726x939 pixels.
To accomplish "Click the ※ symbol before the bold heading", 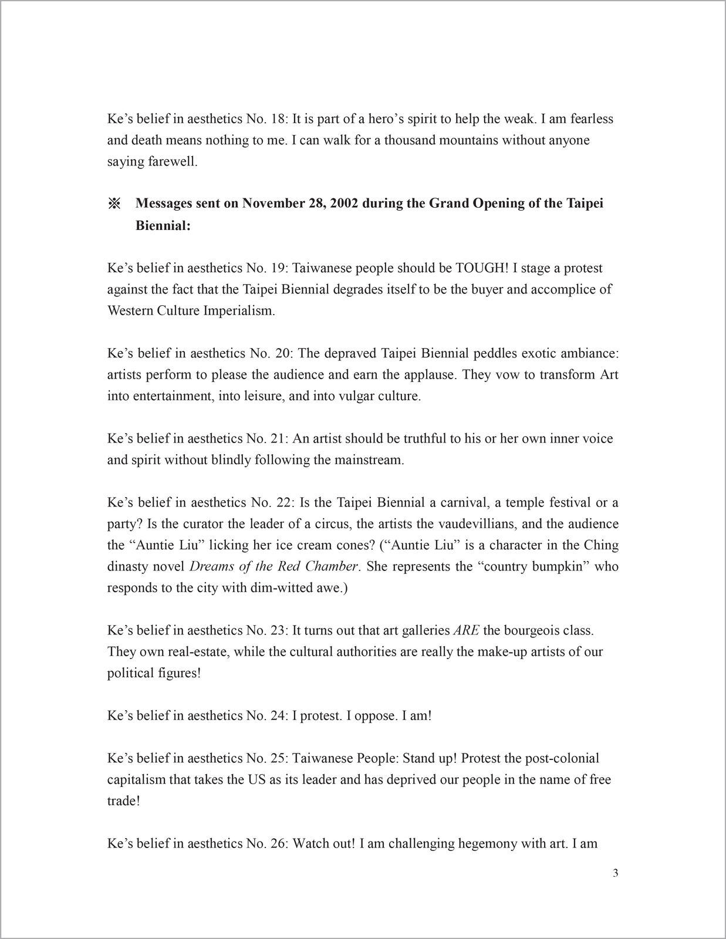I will (x=114, y=204).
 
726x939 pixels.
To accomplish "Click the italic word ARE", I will (x=467, y=630).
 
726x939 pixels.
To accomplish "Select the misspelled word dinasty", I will (x=128, y=566).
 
